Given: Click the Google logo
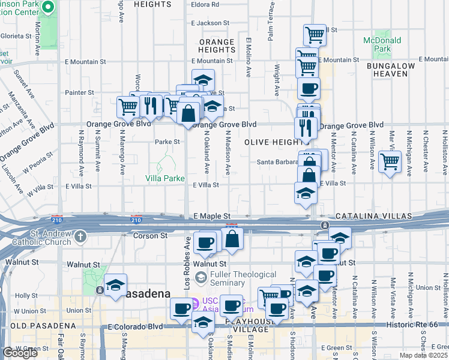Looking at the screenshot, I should coord(20,353).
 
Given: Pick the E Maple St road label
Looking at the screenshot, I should coord(212,215).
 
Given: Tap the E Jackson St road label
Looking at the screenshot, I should coord(206,23).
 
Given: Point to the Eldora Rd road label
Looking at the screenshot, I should coord(205,4).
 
